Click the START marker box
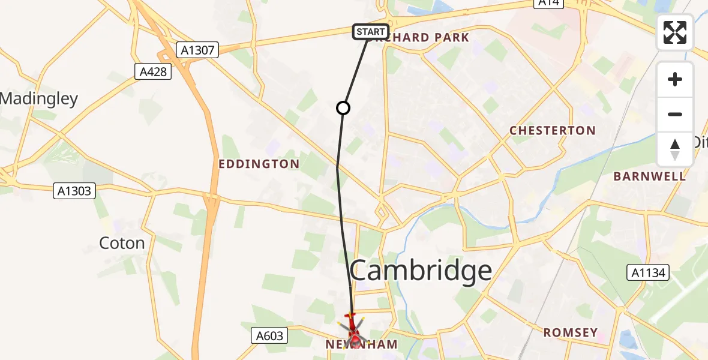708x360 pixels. pos(371,31)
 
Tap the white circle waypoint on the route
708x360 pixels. pos(343,108)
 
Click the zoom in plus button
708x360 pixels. pos(675,79)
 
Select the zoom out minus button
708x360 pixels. pos(675,114)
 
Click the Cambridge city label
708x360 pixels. pos(421,271)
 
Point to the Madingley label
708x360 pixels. pos(39,98)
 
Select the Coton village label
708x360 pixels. pos(122,243)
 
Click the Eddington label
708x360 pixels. pos(259,164)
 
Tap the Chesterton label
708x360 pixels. pos(552,130)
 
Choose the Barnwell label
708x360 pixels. pos(649,176)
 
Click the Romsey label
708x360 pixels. pos(571,332)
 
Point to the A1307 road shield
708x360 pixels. pos(197,50)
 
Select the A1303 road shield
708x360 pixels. pos(74,191)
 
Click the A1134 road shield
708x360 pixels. pos(648,274)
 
